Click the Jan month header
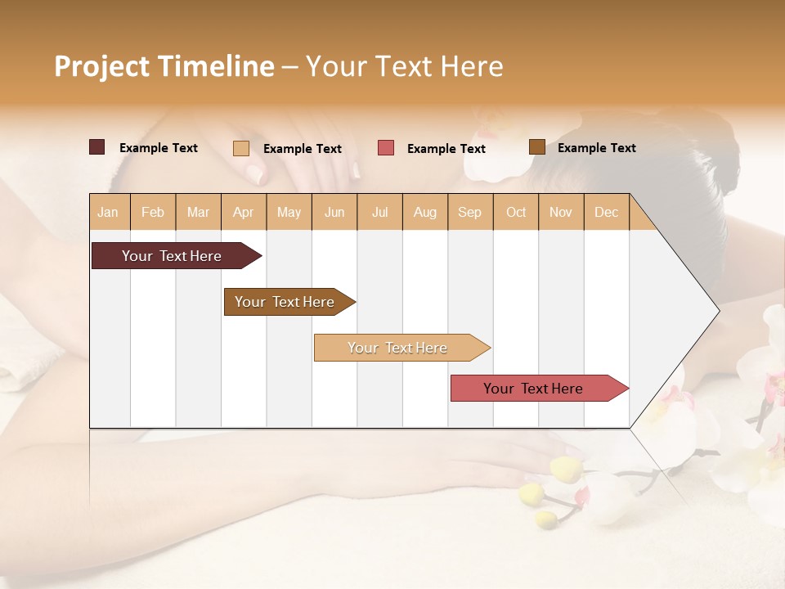(108, 212)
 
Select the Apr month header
(243, 212)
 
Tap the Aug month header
(424, 212)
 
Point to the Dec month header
(606, 212)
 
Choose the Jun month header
(334, 212)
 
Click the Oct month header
(516, 212)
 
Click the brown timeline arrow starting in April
(286, 302)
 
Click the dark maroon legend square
(96, 147)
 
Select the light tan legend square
(240, 148)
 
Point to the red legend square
(386, 148)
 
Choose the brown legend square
(536, 147)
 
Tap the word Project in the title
(102, 66)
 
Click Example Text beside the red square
(446, 149)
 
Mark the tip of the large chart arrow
(718, 310)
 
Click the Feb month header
(153, 212)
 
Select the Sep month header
(469, 212)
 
